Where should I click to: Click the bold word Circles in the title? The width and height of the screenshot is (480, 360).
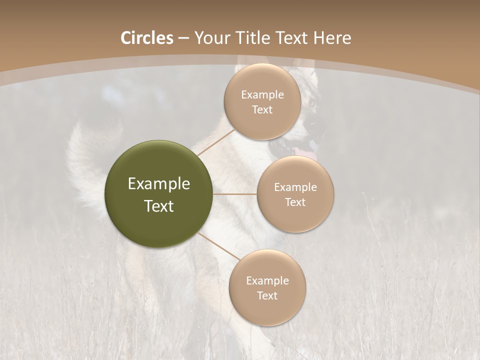[146, 38]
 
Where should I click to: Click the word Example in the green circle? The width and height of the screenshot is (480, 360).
[158, 184]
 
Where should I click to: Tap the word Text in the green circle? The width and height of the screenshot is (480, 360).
[158, 206]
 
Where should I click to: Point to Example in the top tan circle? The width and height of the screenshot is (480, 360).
[262, 94]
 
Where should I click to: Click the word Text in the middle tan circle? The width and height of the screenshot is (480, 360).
[295, 202]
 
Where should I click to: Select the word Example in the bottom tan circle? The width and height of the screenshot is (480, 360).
[267, 280]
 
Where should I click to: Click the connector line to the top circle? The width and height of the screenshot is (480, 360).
[215, 143]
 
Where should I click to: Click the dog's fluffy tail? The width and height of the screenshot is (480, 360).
[82, 165]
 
